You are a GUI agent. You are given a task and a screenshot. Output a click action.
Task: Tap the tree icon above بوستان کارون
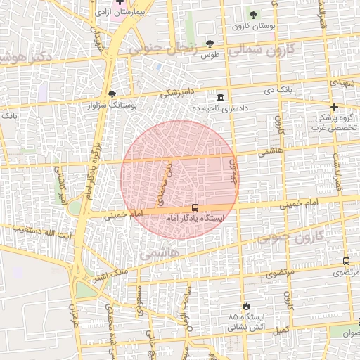(253, 15)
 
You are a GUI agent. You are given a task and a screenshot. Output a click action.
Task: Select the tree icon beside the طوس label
(210, 44)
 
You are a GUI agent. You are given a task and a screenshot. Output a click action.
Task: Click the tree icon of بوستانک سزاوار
(111, 94)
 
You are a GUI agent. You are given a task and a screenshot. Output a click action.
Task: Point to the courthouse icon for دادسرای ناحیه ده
(221, 97)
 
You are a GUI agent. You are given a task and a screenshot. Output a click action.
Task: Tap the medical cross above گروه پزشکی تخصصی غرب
(333, 107)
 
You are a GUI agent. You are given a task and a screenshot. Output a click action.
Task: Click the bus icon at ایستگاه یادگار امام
(195, 207)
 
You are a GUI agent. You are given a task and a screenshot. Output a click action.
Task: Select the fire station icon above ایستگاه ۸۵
(245, 306)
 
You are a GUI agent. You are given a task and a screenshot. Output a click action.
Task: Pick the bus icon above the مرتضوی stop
(346, 261)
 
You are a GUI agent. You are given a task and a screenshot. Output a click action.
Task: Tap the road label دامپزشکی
(176, 91)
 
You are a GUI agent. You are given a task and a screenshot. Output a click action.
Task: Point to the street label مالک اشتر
(110, 271)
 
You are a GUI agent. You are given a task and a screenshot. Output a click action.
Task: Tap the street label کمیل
(281, 329)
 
